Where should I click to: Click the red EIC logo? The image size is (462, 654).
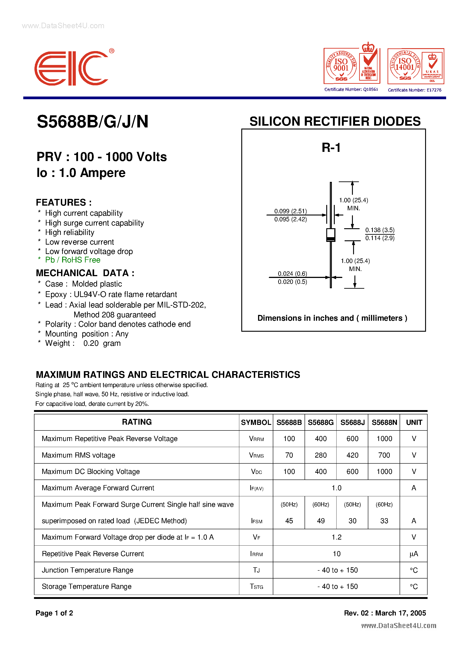pos(71,68)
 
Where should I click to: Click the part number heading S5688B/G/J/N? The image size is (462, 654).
pos(92,122)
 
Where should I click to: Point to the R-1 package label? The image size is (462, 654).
pos(331,148)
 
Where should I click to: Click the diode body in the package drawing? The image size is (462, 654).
pos(331,235)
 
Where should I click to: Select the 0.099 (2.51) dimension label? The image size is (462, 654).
pos(290,211)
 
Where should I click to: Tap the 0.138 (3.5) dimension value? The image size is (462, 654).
pos(380,230)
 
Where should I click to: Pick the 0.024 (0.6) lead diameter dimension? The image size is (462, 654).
pos(292,273)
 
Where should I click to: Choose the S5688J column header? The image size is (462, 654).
pos(352,422)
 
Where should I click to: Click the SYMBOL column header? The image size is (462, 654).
pos(256,422)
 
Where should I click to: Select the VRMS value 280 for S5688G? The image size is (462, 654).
pos(321,455)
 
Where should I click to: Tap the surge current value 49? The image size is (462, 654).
pos(321,521)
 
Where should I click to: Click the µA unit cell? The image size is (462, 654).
pos(414,554)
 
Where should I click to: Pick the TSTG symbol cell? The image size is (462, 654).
pos(256,587)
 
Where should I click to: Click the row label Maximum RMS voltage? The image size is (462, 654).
pos(78,455)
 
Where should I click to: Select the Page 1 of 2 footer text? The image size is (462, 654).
pos(54,613)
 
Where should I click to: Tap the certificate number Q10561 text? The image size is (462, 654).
pos(351,89)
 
